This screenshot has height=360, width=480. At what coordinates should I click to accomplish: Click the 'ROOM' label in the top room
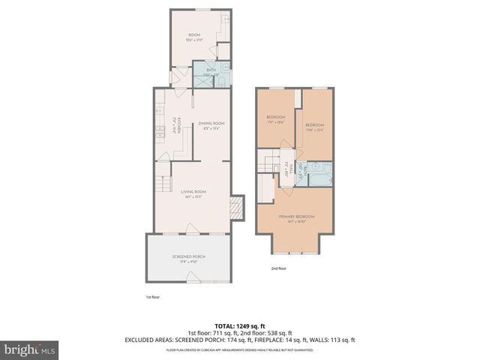tap(194, 35)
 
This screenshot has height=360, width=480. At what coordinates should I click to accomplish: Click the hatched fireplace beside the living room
tap(237, 208)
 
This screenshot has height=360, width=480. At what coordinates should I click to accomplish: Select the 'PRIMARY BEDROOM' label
tap(296, 217)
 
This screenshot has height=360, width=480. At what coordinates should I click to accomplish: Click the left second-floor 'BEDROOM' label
tap(276, 118)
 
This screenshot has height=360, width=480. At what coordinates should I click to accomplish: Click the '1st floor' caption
tap(153, 297)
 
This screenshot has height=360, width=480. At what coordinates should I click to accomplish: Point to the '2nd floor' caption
tap(279, 267)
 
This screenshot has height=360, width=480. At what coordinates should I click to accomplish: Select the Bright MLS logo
tap(30, 349)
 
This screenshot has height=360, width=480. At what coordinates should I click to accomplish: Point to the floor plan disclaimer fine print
tap(240, 349)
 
